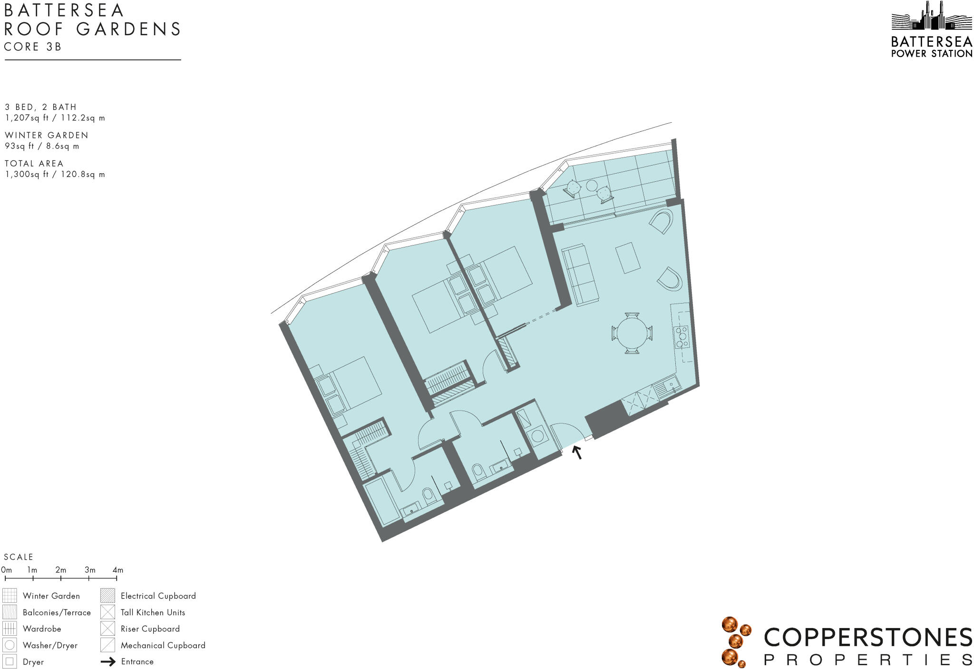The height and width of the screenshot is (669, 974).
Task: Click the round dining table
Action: [632, 333]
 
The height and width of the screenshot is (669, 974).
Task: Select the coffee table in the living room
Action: [628, 258]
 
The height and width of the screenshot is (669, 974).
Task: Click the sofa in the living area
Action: [580, 275]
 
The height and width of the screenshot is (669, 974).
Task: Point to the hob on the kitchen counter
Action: [682, 336]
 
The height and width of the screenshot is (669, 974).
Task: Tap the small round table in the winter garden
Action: [592, 186]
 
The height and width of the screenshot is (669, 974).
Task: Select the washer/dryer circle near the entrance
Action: [538, 436]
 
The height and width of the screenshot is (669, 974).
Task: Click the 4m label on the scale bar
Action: [117, 570]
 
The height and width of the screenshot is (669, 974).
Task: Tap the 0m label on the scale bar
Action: [7, 570]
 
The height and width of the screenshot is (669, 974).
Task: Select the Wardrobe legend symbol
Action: [10, 629]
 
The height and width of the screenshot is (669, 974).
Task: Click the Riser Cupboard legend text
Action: [150, 629]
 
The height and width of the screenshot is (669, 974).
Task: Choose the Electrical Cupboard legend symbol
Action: [107, 596]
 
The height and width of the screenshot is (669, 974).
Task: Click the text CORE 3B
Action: [33, 47]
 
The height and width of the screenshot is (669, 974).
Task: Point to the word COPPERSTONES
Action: [867, 638]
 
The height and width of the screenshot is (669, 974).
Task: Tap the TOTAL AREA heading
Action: [34, 163]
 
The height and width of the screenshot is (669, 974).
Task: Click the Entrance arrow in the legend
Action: [108, 661]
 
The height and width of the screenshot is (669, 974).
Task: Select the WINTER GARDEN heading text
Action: [47, 135]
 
